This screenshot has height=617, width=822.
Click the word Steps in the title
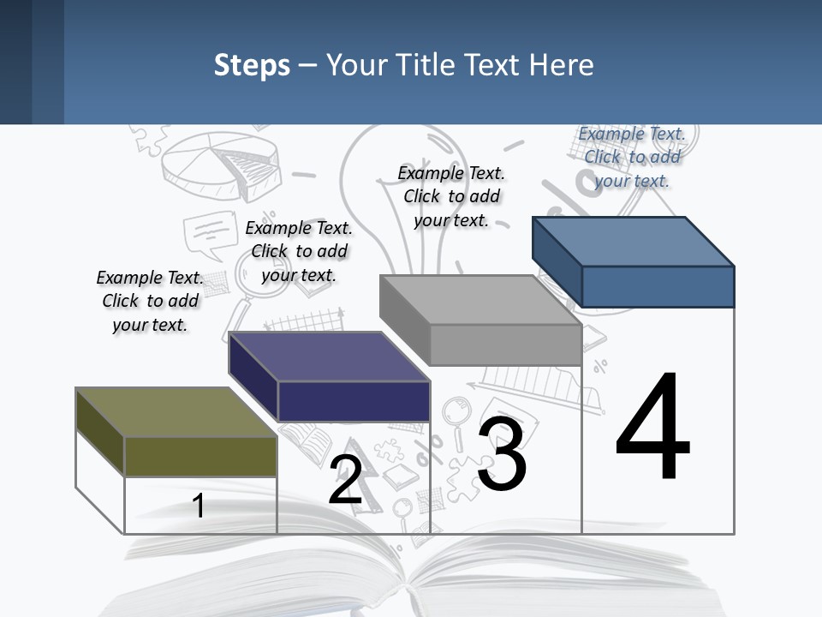(x=252, y=65)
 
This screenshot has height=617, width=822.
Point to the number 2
(x=345, y=480)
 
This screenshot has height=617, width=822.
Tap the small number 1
(x=199, y=506)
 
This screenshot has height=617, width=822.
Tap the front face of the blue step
(x=658, y=286)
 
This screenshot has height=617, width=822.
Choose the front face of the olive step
(x=200, y=456)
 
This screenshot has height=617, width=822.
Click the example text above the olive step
(x=150, y=301)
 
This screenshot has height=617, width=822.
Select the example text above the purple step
(x=299, y=251)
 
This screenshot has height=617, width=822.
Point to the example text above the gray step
(x=451, y=196)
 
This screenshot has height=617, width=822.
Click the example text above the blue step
(x=632, y=157)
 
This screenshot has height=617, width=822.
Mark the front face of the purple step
(x=353, y=401)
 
